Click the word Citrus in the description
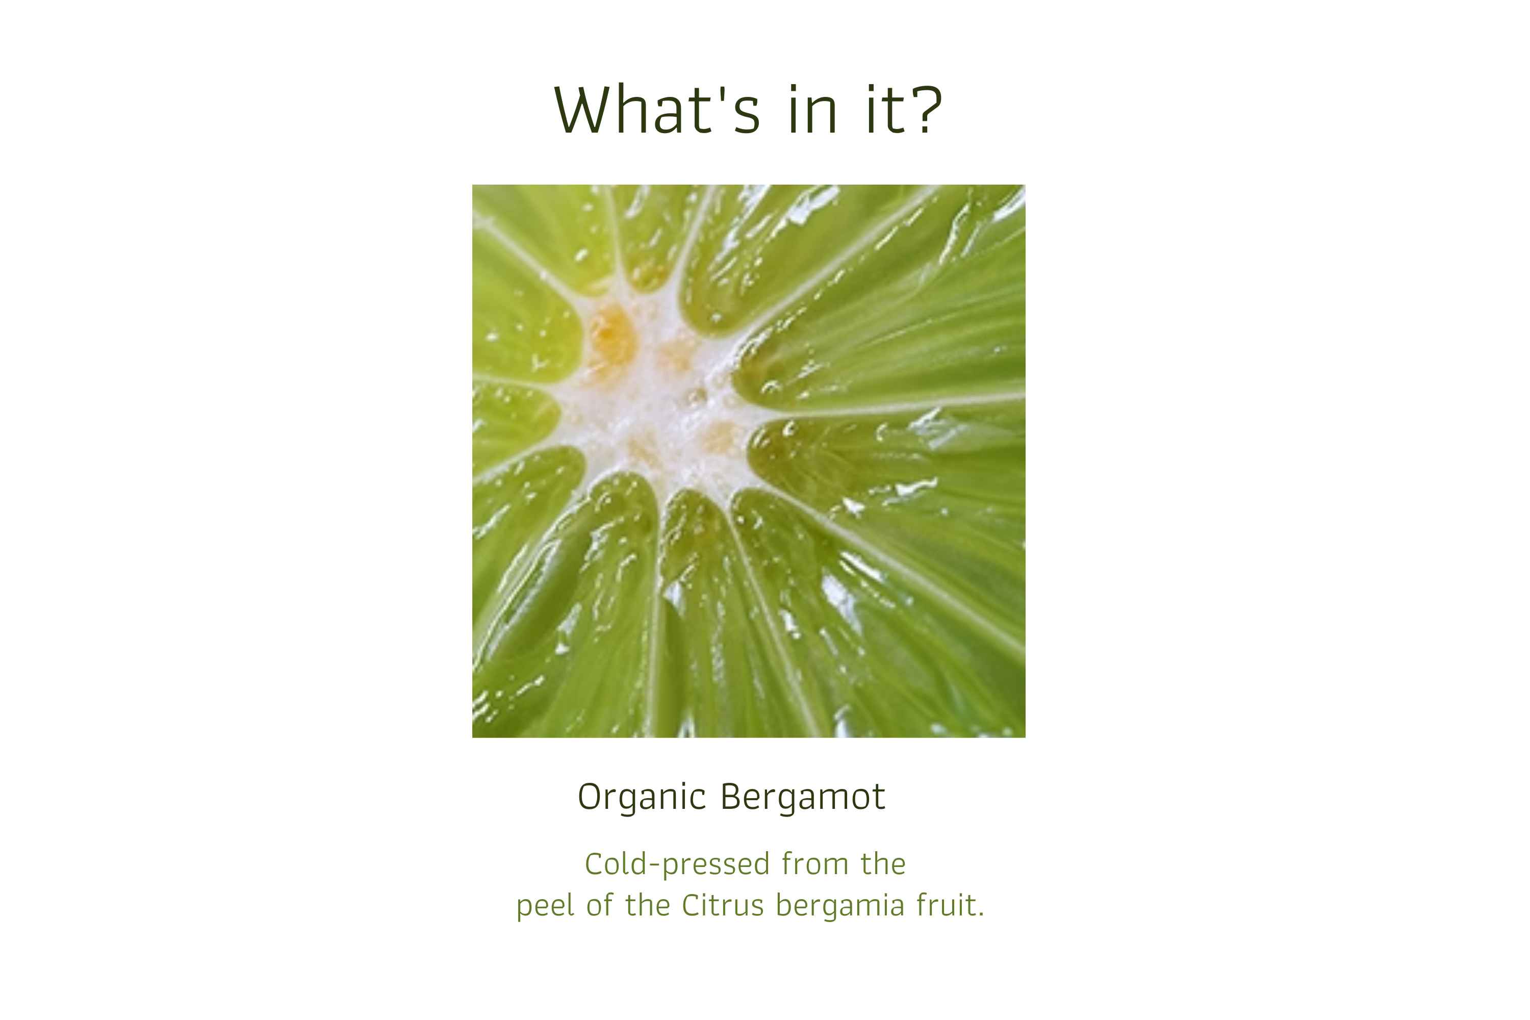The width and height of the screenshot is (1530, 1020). coord(722,906)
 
